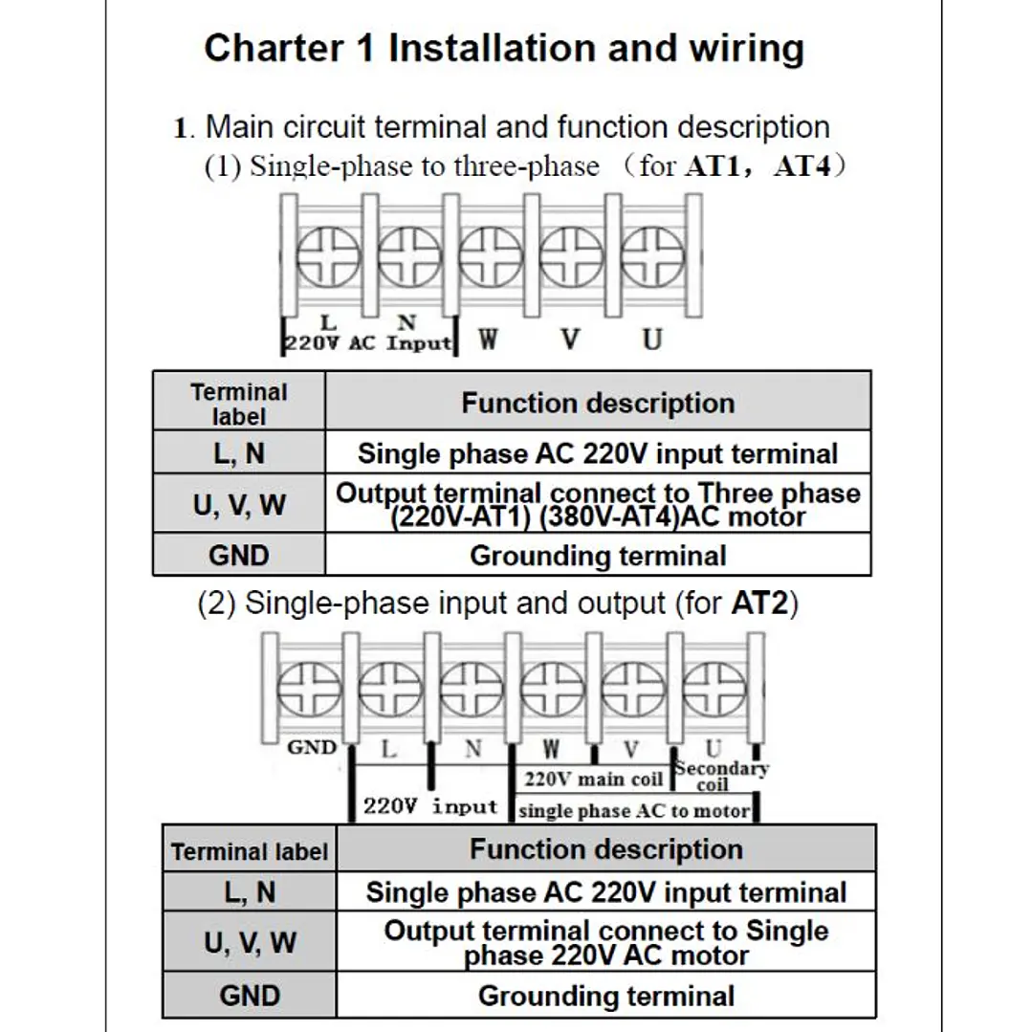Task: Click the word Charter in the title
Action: [274, 48]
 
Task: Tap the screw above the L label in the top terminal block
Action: [328, 257]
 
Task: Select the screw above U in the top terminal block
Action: [652, 257]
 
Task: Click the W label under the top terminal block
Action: [488, 340]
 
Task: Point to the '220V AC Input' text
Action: [368, 343]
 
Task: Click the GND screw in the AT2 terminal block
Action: [309, 689]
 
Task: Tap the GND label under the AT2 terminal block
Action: [312, 747]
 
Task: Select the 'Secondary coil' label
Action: [721, 776]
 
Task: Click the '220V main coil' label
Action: [593, 779]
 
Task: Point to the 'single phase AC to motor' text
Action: [634, 811]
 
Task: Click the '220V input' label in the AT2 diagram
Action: [430, 806]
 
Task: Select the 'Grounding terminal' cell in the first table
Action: [598, 556]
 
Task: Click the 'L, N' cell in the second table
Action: [250, 891]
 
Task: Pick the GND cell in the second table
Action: [250, 995]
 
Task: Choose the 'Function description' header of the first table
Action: [598, 403]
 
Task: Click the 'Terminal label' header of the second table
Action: [250, 851]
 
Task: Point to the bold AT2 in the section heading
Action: [759, 603]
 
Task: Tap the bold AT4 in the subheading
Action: [802, 165]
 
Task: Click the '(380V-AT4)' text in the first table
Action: [609, 517]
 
